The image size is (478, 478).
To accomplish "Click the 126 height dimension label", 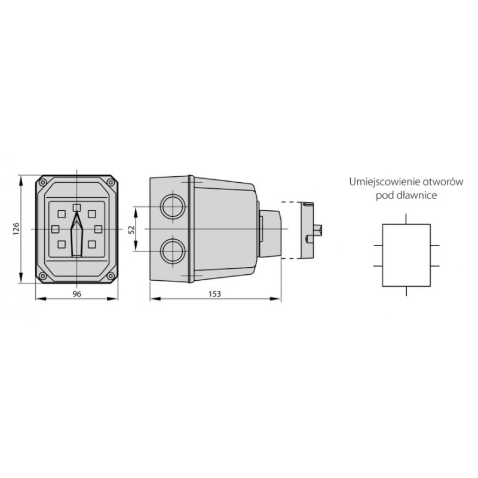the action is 17,229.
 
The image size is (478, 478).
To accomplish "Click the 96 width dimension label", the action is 77,294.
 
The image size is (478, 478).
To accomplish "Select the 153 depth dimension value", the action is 215,294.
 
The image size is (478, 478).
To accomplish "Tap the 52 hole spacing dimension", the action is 131,229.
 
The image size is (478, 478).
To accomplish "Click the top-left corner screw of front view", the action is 43,182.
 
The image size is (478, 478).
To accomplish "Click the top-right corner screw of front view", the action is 111,182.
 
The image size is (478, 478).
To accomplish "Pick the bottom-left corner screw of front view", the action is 43,276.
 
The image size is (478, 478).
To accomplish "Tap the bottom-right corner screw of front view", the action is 111,276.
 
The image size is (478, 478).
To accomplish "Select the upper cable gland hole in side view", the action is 173,207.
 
